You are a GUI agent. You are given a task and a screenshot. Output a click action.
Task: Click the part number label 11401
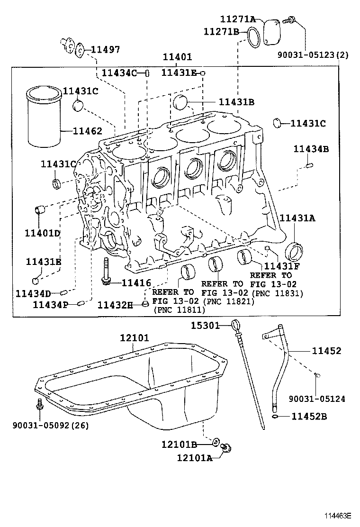(177, 57)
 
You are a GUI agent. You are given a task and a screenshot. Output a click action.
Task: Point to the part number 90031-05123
(313, 55)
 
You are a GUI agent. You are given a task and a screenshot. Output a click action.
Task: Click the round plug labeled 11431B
(180, 101)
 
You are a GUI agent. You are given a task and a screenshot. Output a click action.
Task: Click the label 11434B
(310, 149)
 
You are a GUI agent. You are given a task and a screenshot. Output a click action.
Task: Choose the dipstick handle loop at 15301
(236, 325)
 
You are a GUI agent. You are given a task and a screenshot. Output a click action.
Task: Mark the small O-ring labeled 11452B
(276, 417)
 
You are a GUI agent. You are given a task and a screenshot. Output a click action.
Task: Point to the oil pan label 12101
(134, 338)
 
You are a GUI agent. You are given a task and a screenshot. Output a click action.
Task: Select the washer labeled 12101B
(216, 443)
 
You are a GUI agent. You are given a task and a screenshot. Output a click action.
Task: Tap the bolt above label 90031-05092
(40, 405)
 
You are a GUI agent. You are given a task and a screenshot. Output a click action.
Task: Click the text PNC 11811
(179, 310)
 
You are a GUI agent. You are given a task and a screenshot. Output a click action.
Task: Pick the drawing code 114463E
(338, 516)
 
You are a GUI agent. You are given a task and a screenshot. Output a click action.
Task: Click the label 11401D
(43, 233)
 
